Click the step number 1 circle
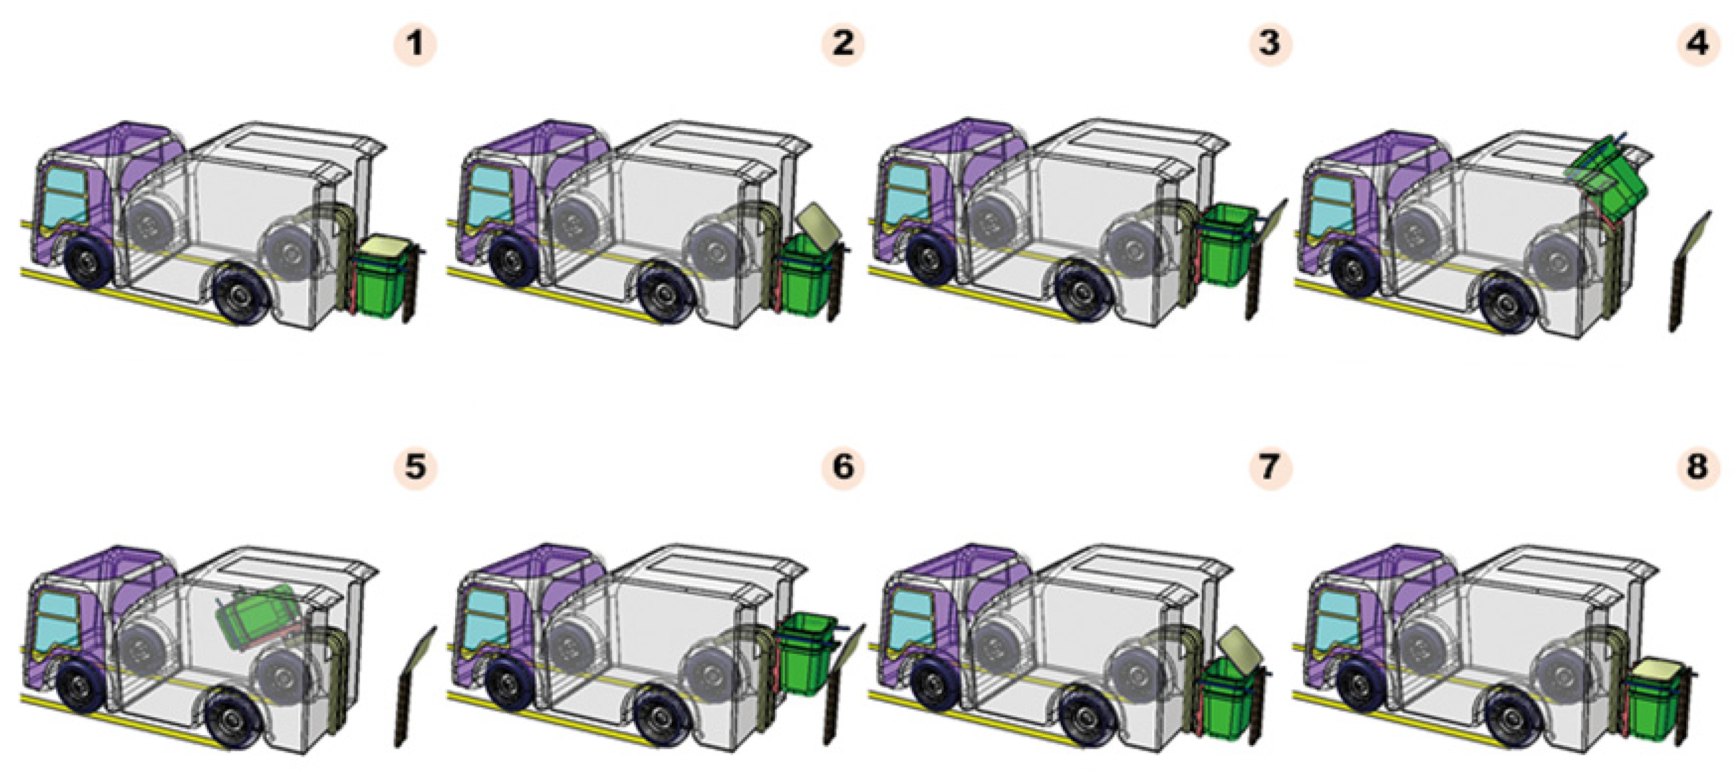point(415,44)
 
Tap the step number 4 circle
point(1697,44)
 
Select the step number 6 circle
point(842,466)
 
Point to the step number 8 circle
point(1697,466)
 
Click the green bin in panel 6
point(805,657)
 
